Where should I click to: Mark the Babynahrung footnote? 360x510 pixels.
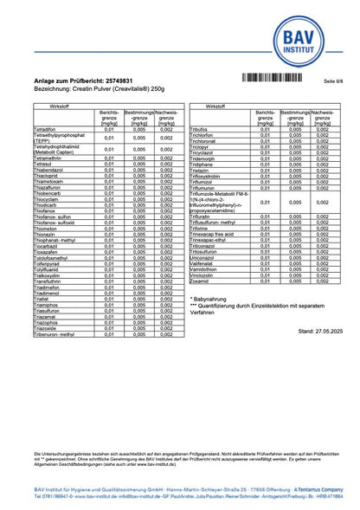tap(212, 299)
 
